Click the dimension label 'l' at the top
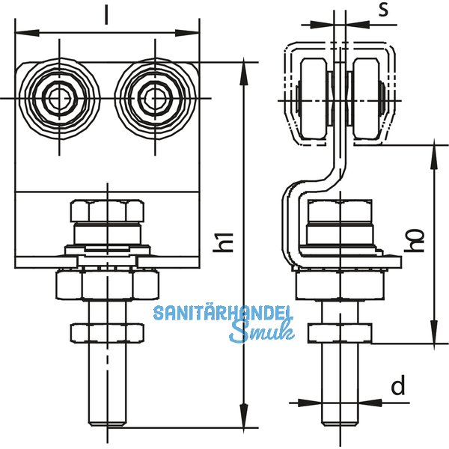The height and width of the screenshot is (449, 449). click(107, 16)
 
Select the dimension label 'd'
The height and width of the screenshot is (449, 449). click(398, 386)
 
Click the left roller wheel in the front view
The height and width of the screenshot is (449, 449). click(58, 98)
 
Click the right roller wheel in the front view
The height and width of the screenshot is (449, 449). click(154, 98)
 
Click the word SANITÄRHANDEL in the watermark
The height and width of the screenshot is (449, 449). click(223, 314)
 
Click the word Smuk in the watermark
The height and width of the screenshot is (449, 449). click(261, 332)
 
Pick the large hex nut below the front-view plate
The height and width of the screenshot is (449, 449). click(107, 284)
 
